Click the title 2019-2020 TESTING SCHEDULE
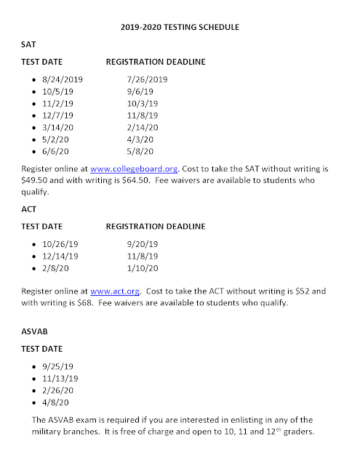(x=179, y=28)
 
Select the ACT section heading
(x=29, y=209)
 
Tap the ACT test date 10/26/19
(x=62, y=243)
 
